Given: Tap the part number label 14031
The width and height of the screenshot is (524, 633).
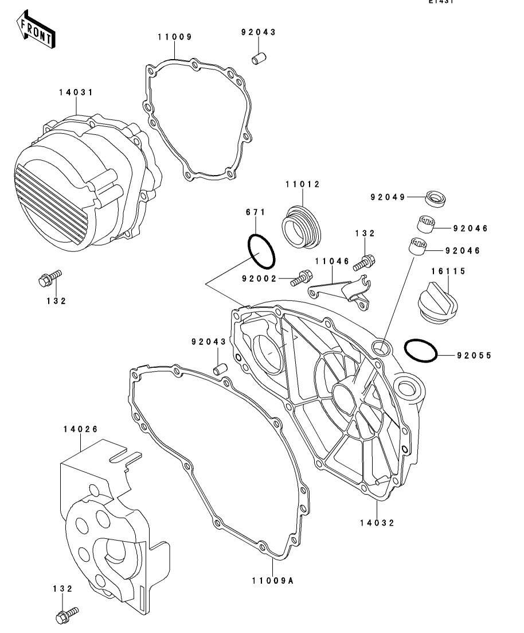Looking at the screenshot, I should (76, 92).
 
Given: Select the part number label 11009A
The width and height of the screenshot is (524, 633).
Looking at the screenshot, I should (272, 580).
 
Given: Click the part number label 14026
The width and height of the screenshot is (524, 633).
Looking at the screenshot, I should (80, 429).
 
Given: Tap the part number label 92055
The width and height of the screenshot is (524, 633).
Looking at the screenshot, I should (474, 355).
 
